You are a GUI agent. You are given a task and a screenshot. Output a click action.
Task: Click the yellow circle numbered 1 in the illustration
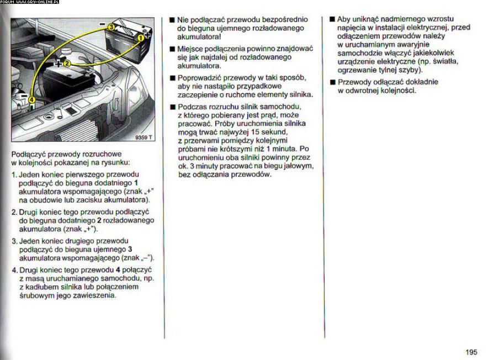pyautogui.click(x=140, y=38)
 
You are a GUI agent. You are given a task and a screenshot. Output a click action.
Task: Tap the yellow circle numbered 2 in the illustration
pyautogui.click(x=67, y=63)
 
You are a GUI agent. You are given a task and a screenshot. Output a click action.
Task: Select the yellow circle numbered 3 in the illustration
pyautogui.click(x=111, y=27)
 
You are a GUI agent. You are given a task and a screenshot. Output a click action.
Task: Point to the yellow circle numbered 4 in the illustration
pyautogui.click(x=31, y=100)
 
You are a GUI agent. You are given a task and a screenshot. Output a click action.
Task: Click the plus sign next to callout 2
pyautogui.click(x=59, y=63)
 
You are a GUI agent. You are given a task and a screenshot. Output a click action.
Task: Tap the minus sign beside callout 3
pyautogui.click(x=103, y=25)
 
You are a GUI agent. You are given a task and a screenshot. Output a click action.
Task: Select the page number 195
pyautogui.click(x=471, y=352)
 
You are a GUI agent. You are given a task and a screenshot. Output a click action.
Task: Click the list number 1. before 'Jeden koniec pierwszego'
pyautogui.click(x=14, y=174)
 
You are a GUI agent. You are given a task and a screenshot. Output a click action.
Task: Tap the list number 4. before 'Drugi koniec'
pyautogui.click(x=14, y=270)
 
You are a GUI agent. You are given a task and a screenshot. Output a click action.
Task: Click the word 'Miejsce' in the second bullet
pyautogui.click(x=190, y=49)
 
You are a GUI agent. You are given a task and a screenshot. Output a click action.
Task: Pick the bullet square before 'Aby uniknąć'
pyautogui.click(x=332, y=19)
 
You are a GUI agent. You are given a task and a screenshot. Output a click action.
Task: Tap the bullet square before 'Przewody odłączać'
pyautogui.click(x=332, y=82)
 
